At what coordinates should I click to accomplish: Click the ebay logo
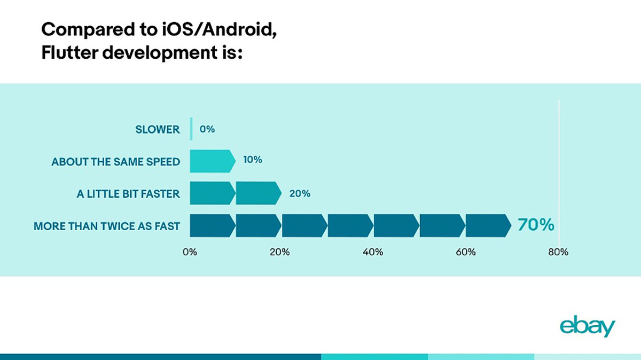pyautogui.click(x=588, y=327)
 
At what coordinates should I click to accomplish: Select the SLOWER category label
pyautogui.click(x=158, y=129)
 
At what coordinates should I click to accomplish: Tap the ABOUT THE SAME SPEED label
pyautogui.click(x=116, y=161)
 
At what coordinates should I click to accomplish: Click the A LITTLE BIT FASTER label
pyautogui.click(x=128, y=194)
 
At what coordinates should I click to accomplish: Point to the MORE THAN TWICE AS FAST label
pyautogui.click(x=107, y=226)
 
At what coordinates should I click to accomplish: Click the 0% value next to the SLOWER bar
pyautogui.click(x=207, y=129)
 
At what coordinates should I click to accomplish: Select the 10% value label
pyautogui.click(x=252, y=160)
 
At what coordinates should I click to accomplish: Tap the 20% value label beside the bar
pyautogui.click(x=300, y=193)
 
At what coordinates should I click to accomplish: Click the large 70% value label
pyautogui.click(x=535, y=225)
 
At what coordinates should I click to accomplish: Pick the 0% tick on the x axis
pyautogui.click(x=190, y=253)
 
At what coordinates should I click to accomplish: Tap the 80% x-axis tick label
pyautogui.click(x=558, y=253)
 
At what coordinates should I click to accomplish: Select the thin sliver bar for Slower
pyautogui.click(x=191, y=129)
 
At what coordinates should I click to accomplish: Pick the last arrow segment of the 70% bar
pyautogui.click(x=488, y=225)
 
